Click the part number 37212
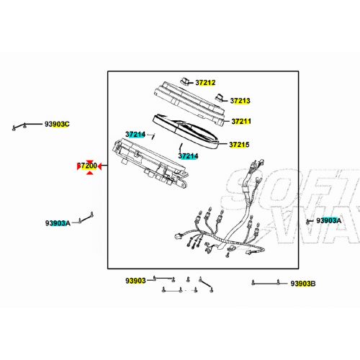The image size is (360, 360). pyautogui.click(x=205, y=83)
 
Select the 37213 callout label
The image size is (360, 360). pyautogui.click(x=240, y=101)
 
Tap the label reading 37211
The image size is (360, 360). pyautogui.click(x=241, y=122)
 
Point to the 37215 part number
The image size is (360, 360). pyautogui.click(x=239, y=145)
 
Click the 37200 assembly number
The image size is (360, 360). pyautogui.click(x=87, y=166)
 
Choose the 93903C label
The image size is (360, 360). pyautogui.click(x=57, y=124)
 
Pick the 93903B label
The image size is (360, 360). pyautogui.click(x=303, y=284)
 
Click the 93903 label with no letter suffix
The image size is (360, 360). pyautogui.click(x=135, y=281)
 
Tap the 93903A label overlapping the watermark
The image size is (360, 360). pyautogui.click(x=328, y=220)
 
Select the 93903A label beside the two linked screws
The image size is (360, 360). pyautogui.click(x=58, y=223)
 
